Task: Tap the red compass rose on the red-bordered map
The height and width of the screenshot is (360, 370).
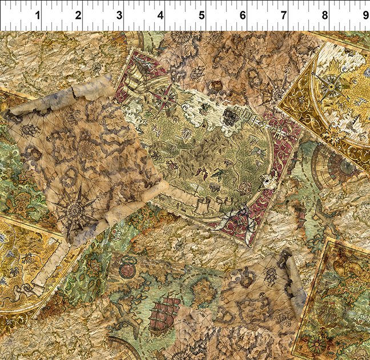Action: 166,96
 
